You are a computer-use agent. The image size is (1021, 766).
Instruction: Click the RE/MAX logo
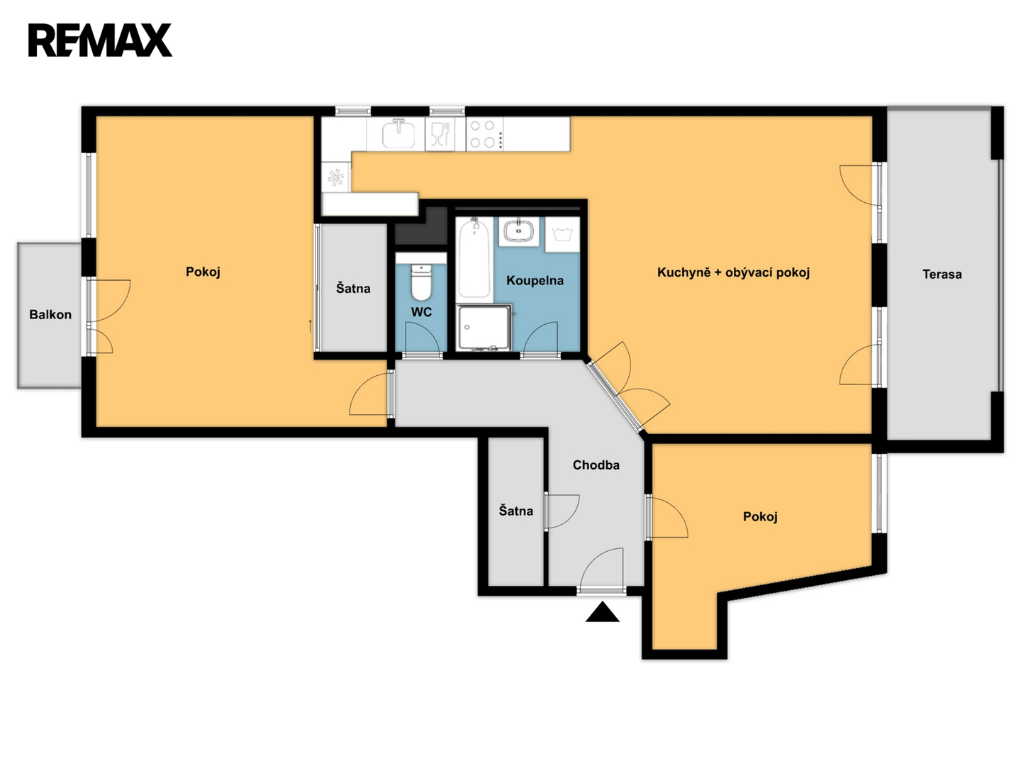pos(100,40)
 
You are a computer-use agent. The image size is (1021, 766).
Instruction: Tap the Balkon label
pos(50,315)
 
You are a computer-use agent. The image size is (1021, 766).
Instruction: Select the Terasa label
pos(942,274)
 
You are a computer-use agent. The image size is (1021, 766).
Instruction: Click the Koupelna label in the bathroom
pos(535,280)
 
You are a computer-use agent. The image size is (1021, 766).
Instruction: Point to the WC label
pos(421,312)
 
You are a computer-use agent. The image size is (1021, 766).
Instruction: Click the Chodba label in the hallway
pos(596,465)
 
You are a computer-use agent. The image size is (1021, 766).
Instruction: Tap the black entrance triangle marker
pos(603,611)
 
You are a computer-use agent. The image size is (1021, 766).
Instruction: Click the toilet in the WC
pos(421,282)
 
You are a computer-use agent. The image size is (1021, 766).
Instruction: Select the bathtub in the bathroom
pos(474,258)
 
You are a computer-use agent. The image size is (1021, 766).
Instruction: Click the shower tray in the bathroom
pos(484,328)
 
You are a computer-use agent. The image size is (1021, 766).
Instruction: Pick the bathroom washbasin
pos(518,231)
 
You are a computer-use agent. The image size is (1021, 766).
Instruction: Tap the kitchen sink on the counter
pos(398,133)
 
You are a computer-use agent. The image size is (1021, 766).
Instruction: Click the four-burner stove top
pos(484,134)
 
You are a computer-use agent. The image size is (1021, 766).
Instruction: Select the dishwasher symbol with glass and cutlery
pos(440,134)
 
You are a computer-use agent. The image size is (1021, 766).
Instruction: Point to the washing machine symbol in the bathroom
pos(562,234)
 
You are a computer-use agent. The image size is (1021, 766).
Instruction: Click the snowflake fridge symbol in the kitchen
pos(336,177)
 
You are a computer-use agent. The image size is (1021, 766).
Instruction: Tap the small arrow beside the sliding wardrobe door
pos(311,326)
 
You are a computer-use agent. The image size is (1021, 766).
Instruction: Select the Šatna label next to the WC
pos(354,289)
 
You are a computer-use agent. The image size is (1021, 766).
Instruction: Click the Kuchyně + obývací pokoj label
pos(734,272)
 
